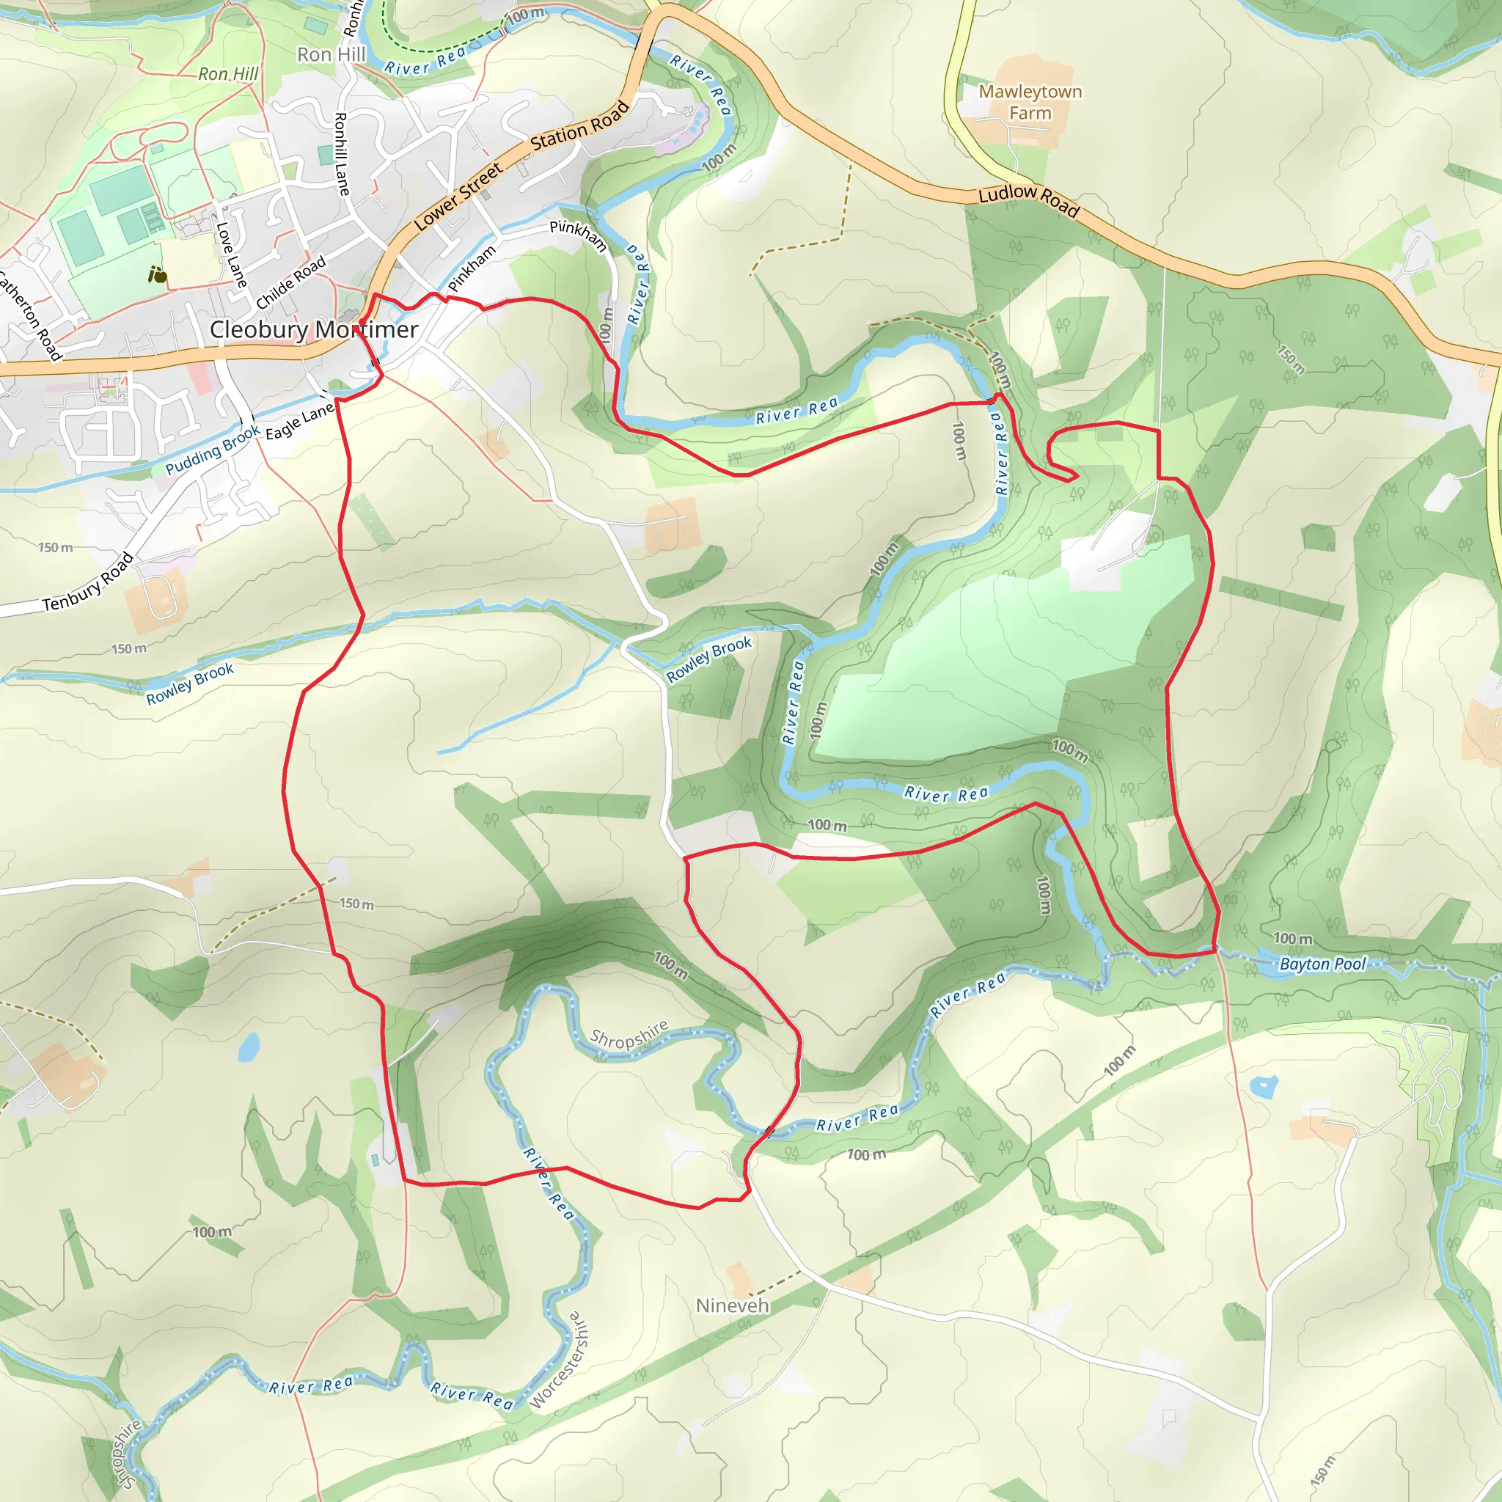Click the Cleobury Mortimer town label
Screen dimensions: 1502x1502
pos(314,329)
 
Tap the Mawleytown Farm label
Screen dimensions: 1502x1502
pos(1030,102)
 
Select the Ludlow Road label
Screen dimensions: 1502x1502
pos(1028,199)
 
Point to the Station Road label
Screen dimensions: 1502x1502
pos(579,127)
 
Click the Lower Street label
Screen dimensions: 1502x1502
pos(458,197)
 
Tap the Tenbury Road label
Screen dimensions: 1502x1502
pos(88,582)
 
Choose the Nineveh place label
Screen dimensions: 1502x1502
pos(733,1305)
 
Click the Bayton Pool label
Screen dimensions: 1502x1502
pos(1322,964)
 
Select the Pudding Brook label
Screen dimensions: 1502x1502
pos(212,450)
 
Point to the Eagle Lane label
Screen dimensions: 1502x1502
pos(299,422)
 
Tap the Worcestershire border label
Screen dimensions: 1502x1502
pos(559,1360)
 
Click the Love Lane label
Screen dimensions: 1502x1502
pos(231,254)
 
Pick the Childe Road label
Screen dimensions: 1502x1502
pos(290,283)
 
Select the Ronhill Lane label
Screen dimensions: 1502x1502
pos(341,153)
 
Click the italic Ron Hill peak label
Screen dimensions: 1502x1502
pos(228,74)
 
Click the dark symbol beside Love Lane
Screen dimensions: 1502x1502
pos(157,274)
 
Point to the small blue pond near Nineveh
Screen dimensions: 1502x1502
pos(1264,1085)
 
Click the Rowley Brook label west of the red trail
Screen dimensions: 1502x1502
pos(190,684)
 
